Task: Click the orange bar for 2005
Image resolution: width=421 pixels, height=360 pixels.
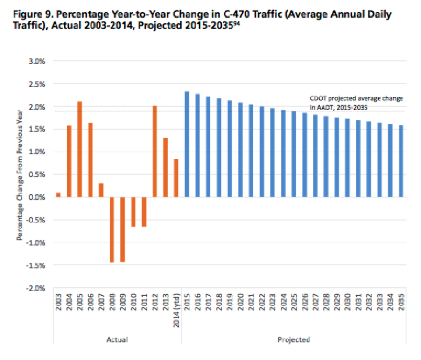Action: tap(80, 149)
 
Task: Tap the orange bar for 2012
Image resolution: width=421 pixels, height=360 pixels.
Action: tap(155, 152)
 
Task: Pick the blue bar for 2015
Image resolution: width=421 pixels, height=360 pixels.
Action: tap(187, 144)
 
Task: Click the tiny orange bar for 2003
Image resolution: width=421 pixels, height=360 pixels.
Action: tap(58, 195)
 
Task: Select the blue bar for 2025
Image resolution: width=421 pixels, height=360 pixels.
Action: tap(294, 154)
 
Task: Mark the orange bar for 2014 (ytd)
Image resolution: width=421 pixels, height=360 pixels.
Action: tap(176, 178)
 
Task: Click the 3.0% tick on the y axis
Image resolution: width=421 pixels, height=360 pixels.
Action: tap(37, 61)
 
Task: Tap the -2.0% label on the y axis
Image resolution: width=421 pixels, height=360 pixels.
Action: tap(35, 288)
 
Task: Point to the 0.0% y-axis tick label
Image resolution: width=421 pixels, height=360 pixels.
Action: tap(37, 197)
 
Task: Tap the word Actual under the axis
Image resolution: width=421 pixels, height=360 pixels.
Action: tap(117, 339)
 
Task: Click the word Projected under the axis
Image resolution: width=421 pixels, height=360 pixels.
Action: tap(293, 339)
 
